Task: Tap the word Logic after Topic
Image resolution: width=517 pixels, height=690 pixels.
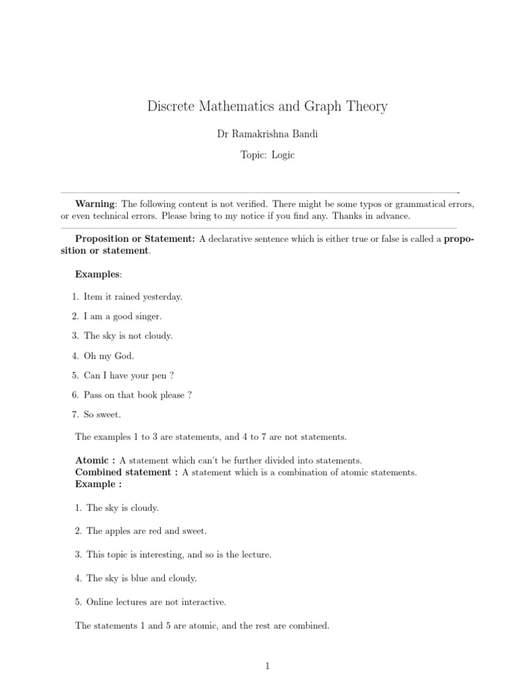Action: tap(283, 155)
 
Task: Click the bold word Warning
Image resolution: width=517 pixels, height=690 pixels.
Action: tap(96, 203)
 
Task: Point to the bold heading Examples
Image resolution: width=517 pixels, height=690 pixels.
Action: tap(98, 274)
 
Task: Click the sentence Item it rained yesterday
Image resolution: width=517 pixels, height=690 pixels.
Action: tap(133, 296)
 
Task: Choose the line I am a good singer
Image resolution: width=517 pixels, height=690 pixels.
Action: tap(123, 316)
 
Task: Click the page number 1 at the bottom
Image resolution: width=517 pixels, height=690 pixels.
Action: tap(267, 666)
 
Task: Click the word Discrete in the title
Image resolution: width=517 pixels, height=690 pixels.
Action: tap(170, 106)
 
